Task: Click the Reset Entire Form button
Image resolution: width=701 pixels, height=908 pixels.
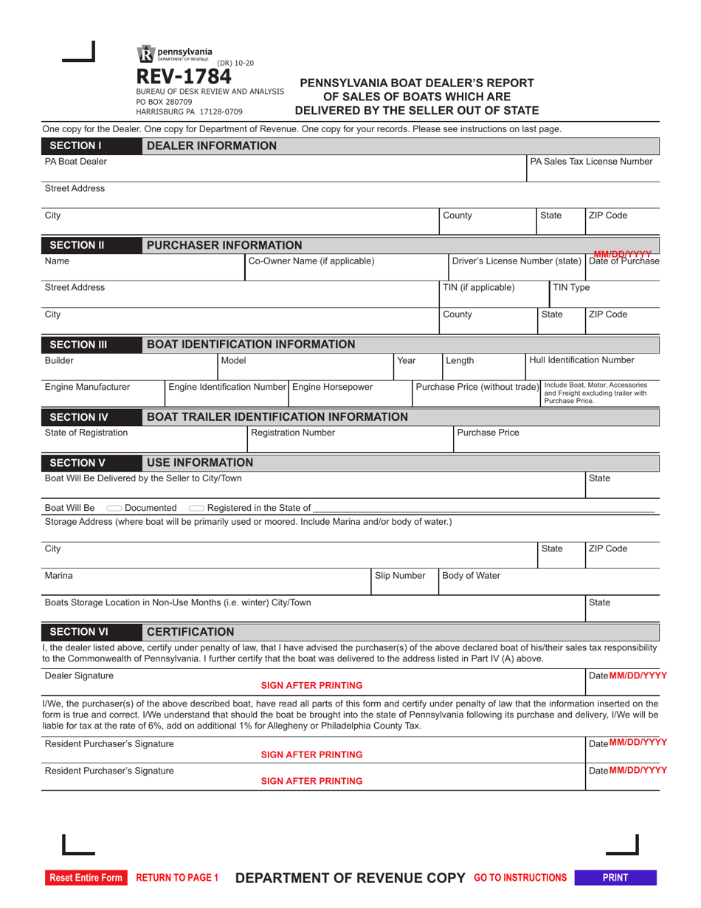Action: point(86,878)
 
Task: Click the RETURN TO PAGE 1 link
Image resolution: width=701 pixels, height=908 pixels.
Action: point(178,878)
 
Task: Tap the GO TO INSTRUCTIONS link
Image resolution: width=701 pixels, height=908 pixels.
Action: point(520,878)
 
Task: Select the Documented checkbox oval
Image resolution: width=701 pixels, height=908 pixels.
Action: point(114,508)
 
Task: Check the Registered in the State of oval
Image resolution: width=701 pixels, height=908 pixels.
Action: point(196,508)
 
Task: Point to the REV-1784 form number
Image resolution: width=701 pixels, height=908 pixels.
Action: point(183,77)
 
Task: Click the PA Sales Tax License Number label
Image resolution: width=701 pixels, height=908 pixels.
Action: point(591,161)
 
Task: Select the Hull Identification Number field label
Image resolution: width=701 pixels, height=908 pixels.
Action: point(581,360)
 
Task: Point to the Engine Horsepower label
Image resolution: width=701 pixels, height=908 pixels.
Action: point(333,387)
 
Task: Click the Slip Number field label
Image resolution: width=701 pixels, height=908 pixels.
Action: point(400,575)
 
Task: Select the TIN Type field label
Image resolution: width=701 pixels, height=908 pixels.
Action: point(571,288)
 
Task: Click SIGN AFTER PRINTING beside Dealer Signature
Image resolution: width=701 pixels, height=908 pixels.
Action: point(311,685)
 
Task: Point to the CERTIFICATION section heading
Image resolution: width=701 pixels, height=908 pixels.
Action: point(190,632)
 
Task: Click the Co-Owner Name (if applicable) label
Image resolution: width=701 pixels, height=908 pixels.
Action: point(311,261)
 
